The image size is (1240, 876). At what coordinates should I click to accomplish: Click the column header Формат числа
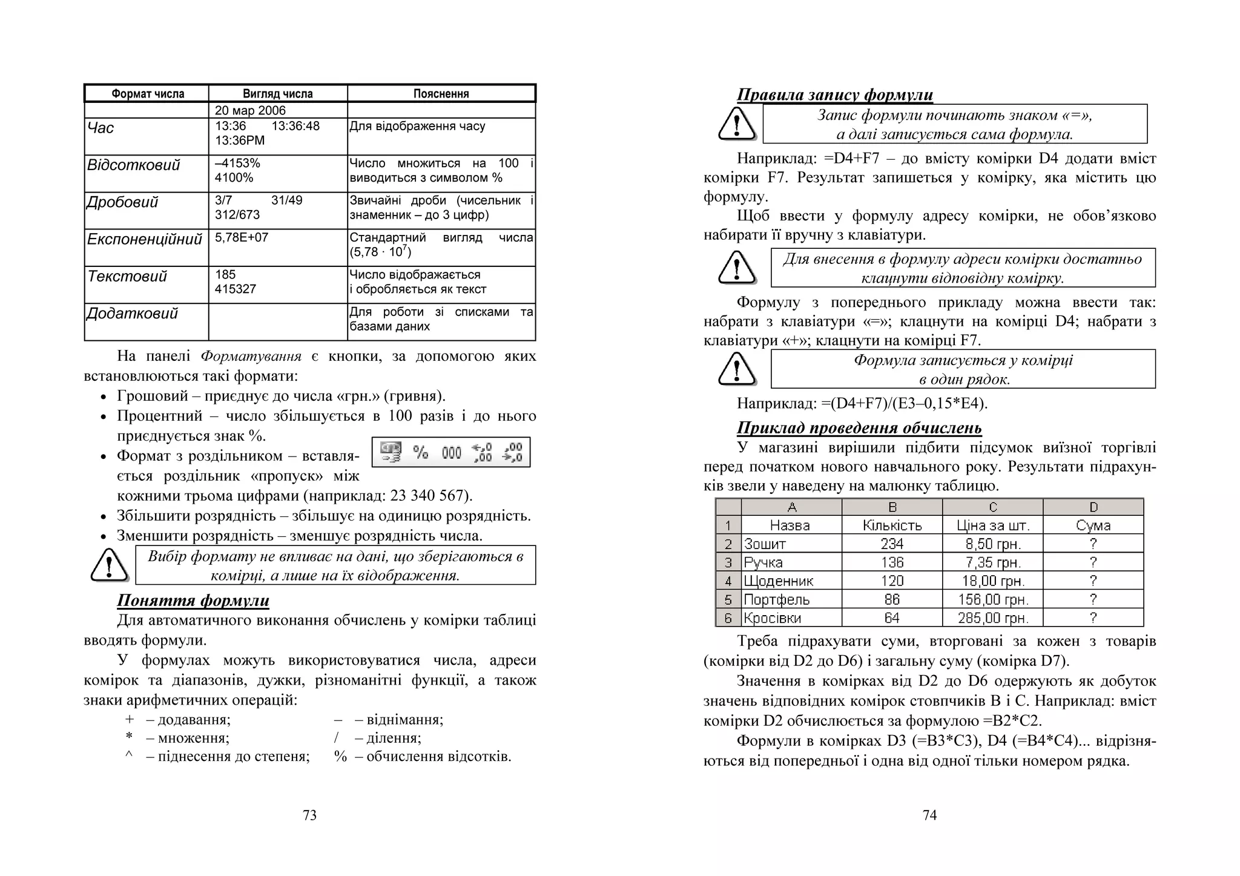click(x=147, y=94)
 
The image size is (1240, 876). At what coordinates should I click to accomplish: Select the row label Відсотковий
click(x=134, y=165)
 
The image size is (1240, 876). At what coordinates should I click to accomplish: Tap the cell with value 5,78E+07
click(x=242, y=237)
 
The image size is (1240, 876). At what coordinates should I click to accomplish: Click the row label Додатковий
click(x=133, y=314)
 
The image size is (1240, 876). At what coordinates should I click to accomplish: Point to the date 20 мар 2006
click(x=250, y=110)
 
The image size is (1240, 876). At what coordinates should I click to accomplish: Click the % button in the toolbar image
click(x=420, y=452)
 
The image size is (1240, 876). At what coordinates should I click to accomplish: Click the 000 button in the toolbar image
click(x=451, y=452)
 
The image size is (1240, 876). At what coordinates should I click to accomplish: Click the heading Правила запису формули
click(x=834, y=94)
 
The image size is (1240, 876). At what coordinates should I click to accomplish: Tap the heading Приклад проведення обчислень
click(x=859, y=427)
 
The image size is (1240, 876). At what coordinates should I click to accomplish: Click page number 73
click(x=309, y=815)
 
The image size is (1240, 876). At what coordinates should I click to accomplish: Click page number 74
click(x=929, y=815)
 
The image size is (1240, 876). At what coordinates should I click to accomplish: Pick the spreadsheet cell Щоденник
click(x=778, y=581)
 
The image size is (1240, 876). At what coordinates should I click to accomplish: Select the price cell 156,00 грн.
click(x=992, y=600)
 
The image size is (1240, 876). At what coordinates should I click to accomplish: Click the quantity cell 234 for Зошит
click(x=892, y=544)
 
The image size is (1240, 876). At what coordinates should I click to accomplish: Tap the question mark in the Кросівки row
click(x=1093, y=618)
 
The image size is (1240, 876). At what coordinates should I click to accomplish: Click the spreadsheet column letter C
click(x=992, y=507)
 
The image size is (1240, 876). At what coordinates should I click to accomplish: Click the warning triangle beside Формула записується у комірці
click(x=736, y=369)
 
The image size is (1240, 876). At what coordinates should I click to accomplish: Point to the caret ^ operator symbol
click(x=129, y=756)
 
